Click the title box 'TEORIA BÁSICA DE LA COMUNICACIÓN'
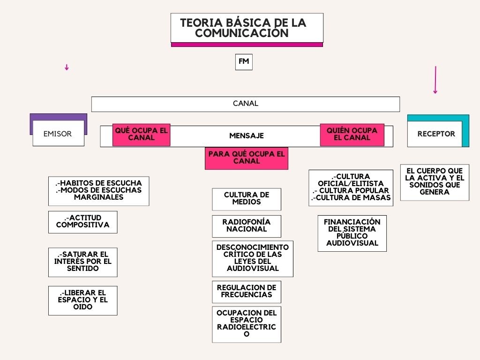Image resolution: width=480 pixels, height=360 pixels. tap(247, 28)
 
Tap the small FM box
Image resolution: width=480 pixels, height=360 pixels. tap(244, 62)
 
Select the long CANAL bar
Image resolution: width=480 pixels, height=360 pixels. tap(246, 104)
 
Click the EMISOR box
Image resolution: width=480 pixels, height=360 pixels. tap(58, 133)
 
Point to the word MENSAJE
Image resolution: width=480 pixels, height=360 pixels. tap(247, 135)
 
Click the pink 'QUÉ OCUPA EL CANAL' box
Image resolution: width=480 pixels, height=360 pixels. tap(141, 135)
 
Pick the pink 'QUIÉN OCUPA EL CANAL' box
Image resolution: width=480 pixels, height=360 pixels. tap(352, 135)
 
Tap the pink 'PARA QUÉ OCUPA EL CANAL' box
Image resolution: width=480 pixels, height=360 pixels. tap(247, 158)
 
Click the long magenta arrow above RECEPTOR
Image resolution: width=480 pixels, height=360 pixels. tap(435, 80)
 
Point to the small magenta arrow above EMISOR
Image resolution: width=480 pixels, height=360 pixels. tap(67, 67)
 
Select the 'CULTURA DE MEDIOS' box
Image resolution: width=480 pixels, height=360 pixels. tap(247, 199)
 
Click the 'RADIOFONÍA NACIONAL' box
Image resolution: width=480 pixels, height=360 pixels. tap(247, 226)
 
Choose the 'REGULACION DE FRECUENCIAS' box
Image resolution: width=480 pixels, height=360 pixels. tap(247, 292)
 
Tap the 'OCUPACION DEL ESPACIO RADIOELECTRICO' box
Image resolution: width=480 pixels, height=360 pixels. tap(247, 324)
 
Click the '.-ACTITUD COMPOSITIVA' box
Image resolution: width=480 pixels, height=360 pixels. tap(82, 222)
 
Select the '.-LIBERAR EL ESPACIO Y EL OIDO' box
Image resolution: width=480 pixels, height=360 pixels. tap(82, 300)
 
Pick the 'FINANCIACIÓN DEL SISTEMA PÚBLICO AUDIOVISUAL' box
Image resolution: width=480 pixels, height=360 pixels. tap(352, 233)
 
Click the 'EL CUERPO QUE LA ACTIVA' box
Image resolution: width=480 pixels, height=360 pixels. tap(435, 182)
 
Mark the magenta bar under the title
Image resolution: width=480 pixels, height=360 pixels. tap(247, 45)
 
